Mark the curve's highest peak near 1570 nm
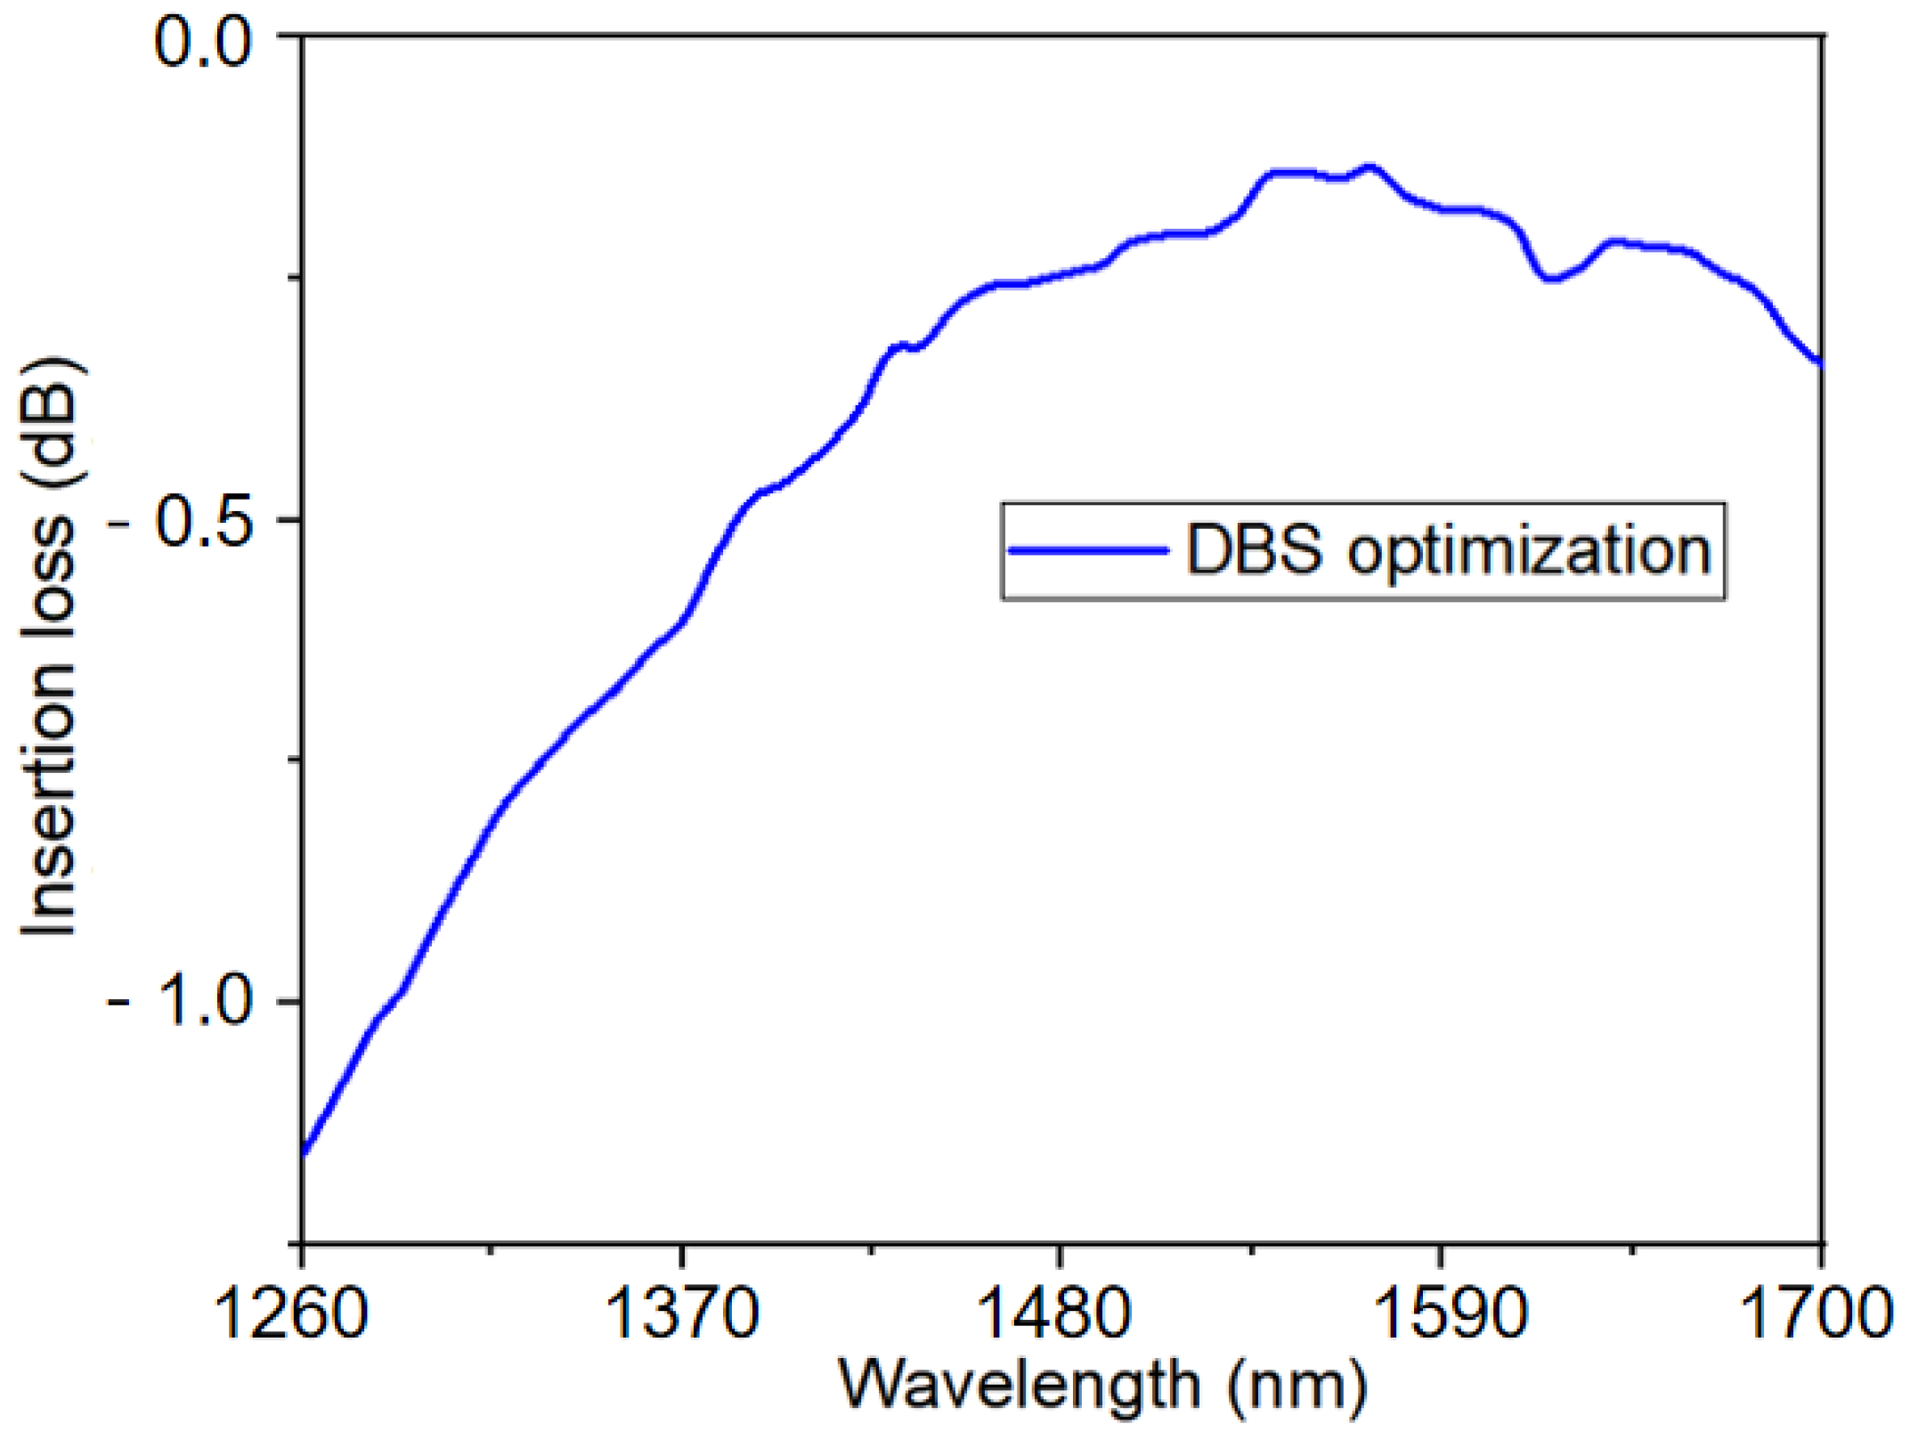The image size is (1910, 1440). [1370, 167]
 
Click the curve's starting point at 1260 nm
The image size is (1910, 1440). [303, 1154]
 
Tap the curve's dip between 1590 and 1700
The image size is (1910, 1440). [1551, 279]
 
